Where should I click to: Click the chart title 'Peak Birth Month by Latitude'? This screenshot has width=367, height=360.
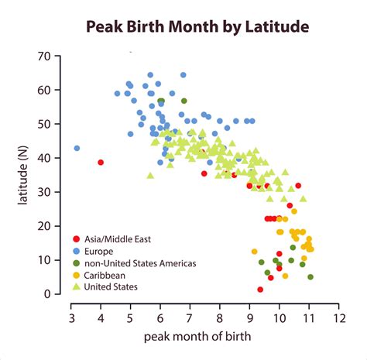coord(197,27)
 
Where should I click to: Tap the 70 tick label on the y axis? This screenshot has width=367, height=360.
coord(44,57)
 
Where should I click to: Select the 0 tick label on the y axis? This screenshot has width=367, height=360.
coord(47,294)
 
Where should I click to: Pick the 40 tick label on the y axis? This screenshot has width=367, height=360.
coord(44,158)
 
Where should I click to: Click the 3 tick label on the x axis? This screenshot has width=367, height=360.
coord(72,318)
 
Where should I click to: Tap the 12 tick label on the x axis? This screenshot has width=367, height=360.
coord(338,318)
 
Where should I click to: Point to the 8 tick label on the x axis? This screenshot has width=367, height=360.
coord(220,318)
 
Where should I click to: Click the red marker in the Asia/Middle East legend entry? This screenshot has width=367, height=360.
coord(75,239)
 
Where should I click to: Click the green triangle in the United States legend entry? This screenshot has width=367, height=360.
coord(75,286)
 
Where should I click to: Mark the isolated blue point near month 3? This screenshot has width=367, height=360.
coord(77,148)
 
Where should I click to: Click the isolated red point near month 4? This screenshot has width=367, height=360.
coord(101,162)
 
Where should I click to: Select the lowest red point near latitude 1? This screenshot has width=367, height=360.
coord(260,290)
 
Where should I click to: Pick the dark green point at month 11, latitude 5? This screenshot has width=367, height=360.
coord(310,276)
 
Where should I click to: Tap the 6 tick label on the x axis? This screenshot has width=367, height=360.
coord(160,318)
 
